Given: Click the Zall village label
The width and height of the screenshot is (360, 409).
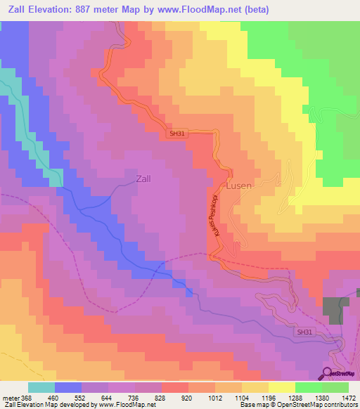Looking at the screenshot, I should [x=138, y=178].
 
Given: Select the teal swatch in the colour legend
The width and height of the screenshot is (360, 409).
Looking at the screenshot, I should [x=41, y=387].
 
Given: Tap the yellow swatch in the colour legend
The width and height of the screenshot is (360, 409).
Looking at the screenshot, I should [x=282, y=387].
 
